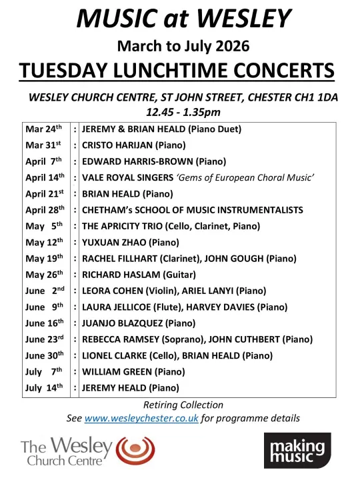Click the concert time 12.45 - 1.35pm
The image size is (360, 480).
pos(183,111)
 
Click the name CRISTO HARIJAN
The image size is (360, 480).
pos(116,145)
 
